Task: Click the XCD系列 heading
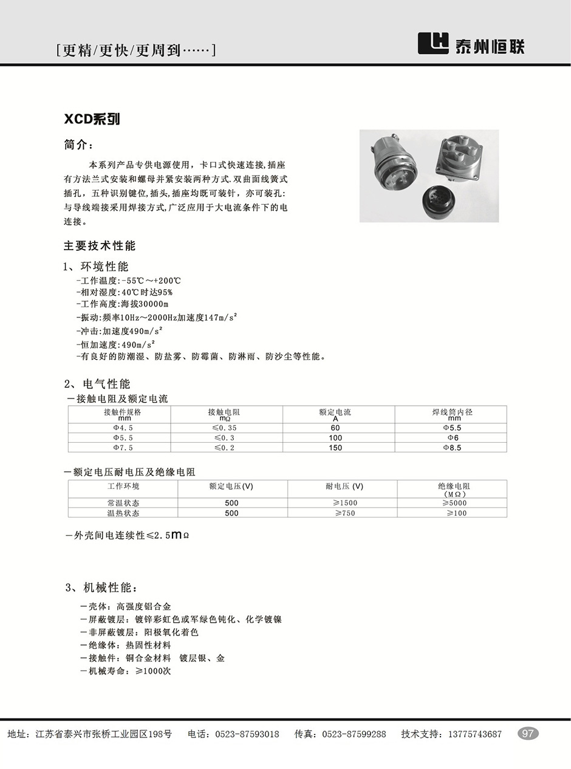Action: (92, 119)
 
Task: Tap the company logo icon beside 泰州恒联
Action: (433, 43)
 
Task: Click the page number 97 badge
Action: (528, 733)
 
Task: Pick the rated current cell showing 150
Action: (335, 448)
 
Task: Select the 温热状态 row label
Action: (123, 513)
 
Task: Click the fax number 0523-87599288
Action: (354, 734)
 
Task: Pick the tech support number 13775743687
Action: (474, 734)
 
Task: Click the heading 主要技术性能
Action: (100, 245)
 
